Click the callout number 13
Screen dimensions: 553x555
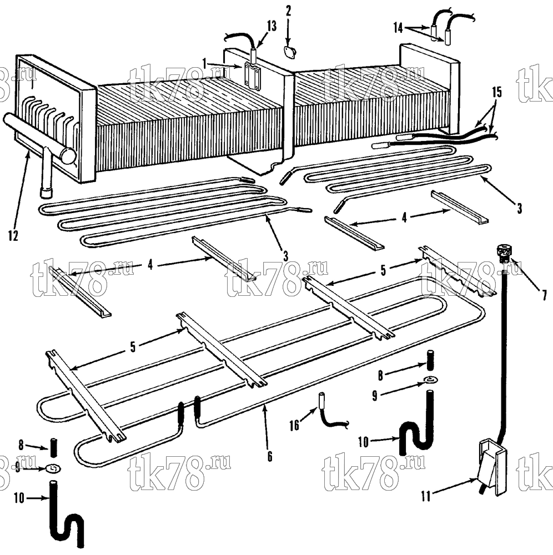coord(272,27)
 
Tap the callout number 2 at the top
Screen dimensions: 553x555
coord(289,11)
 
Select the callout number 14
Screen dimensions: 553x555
coord(398,28)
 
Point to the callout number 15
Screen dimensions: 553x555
coord(497,92)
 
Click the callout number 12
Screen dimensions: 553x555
coord(13,236)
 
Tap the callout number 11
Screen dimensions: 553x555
coord(425,496)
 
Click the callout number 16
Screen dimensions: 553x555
coord(294,425)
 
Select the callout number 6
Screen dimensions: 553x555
coord(270,457)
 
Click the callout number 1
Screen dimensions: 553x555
coord(204,64)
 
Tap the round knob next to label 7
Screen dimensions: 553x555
coord(504,253)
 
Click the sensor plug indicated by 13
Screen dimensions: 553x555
coord(254,56)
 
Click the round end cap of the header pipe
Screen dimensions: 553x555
coord(68,156)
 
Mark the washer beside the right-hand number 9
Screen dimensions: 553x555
coord(430,380)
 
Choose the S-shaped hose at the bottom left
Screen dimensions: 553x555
coord(66,516)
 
